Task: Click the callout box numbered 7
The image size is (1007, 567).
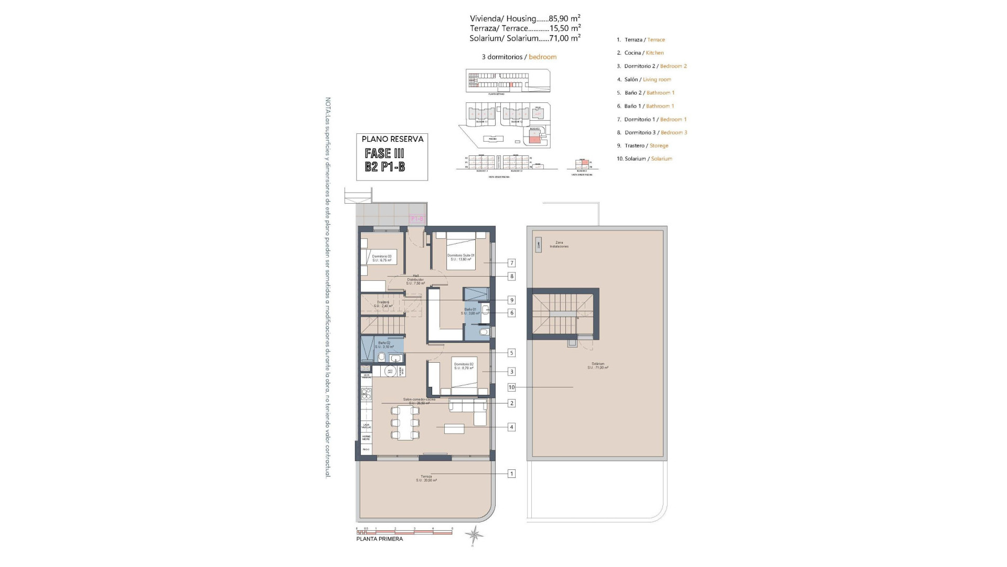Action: pos(511,263)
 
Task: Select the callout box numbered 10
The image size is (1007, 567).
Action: pos(511,387)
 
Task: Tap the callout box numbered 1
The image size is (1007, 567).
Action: pos(511,474)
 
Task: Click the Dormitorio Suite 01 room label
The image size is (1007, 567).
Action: pos(461,257)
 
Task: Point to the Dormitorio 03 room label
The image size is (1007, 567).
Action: pos(382,258)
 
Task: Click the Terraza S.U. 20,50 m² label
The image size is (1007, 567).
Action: pos(426,478)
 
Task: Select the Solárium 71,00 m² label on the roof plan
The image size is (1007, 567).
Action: pos(598,365)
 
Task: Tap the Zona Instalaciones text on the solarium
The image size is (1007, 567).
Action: pos(559,245)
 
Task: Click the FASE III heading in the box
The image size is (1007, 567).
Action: pos(384,153)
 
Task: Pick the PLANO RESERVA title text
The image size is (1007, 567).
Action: pos(392,139)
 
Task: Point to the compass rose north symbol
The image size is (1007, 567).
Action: pos(475,534)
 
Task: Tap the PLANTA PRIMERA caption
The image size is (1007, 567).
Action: pos(380,539)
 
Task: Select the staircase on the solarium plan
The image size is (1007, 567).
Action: pos(563,314)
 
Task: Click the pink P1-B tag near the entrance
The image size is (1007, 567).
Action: pos(417,218)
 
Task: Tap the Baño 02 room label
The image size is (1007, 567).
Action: pos(384,344)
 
